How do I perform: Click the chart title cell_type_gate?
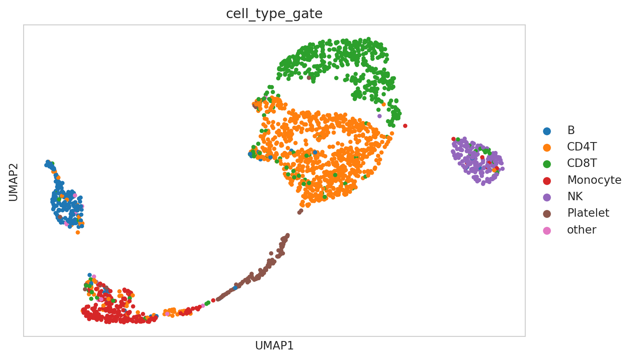point(274,14)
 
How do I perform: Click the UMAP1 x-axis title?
point(274,346)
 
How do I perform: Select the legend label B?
point(571,131)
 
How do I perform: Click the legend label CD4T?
point(582,147)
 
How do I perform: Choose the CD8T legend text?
point(582,164)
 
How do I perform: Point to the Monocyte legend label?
point(594,180)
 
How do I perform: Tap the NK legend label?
point(575,196)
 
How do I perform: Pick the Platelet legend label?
point(588,213)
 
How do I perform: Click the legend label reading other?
point(581,230)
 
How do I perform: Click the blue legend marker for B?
point(547,131)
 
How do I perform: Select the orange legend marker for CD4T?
point(547,148)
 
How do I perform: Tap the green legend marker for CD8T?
point(547,164)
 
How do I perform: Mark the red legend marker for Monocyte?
point(547,180)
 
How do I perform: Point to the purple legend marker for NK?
point(547,197)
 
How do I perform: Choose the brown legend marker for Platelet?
point(547,213)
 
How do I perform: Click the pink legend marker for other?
point(547,230)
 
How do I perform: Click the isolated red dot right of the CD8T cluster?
point(405,126)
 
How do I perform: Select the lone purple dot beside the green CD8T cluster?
point(379,116)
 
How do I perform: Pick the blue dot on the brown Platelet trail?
point(235,288)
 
